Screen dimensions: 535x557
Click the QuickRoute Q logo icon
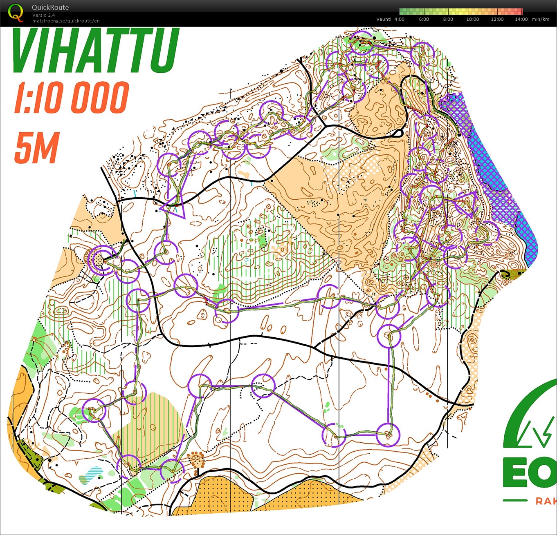pyautogui.click(x=16, y=13)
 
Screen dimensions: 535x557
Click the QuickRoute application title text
pyautogui.click(x=50, y=7)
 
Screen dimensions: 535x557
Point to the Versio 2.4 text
pyautogui.click(x=44, y=15)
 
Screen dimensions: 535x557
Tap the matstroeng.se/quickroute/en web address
pyautogui.click(x=66, y=21)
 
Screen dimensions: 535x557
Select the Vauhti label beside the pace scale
pyautogui.click(x=384, y=19)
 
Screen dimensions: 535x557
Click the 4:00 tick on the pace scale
pyautogui.click(x=400, y=19)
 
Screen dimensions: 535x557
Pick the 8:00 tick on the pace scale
pyautogui.click(x=448, y=19)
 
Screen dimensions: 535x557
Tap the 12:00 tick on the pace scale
pyautogui.click(x=497, y=19)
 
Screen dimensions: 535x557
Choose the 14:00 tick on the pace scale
pyautogui.click(x=521, y=19)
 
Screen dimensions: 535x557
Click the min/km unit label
pyautogui.click(x=541, y=19)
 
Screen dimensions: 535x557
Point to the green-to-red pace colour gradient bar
pyautogui.click(x=461, y=11)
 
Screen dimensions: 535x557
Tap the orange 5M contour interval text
pyautogui.click(x=37, y=147)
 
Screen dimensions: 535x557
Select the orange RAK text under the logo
pyautogui.click(x=546, y=501)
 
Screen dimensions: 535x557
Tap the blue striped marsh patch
pyautogui.click(x=90, y=475)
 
